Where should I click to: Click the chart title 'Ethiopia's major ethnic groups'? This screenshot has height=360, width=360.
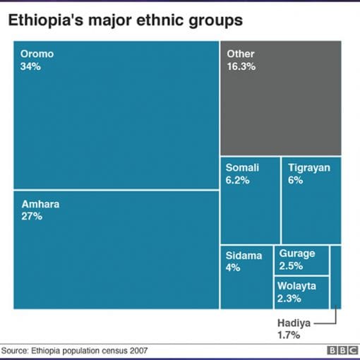(125, 20)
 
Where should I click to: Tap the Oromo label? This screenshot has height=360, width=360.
(37, 54)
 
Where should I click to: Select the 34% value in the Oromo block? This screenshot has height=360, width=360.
(31, 66)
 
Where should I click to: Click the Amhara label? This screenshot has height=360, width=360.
(40, 204)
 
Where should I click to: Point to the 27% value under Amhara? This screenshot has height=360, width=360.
(31, 217)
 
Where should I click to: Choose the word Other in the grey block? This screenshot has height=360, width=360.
(240, 54)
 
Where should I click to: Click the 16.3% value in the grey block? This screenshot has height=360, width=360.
(241, 66)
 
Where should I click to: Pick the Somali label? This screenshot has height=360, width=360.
(242, 167)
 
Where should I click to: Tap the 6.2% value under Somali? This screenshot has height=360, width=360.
(238, 180)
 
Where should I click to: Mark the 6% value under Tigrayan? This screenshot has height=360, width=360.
(295, 180)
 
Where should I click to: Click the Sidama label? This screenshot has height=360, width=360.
(244, 256)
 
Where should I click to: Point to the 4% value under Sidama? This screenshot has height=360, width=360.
(233, 268)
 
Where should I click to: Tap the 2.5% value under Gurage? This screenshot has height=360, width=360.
(291, 265)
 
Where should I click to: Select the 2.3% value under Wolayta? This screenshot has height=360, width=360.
(290, 298)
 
